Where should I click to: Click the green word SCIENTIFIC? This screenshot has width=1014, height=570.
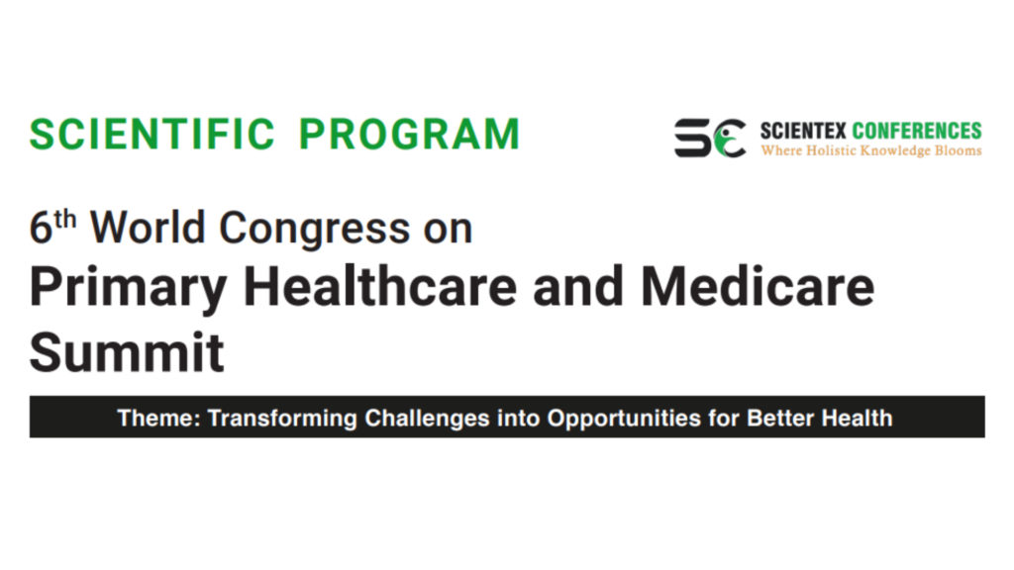(152, 135)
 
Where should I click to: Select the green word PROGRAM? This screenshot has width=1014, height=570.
(409, 135)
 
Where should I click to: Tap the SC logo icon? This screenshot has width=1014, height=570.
(710, 138)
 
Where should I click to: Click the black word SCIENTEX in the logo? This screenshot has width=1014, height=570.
(802, 131)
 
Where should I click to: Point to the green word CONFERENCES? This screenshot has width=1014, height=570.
(917, 131)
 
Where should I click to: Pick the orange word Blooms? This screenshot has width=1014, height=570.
(959, 150)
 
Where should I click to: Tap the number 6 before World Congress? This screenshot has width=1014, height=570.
(41, 229)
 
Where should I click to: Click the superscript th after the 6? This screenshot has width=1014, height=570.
(65, 220)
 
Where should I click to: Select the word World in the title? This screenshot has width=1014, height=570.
(148, 229)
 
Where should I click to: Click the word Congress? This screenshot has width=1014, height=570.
(314, 230)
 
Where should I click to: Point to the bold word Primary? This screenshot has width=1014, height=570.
(128, 288)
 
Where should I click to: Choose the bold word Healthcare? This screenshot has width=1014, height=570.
(380, 286)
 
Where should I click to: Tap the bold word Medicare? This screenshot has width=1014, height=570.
(758, 286)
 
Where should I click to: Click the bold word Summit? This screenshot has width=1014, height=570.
(127, 352)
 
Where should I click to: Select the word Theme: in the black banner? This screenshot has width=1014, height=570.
(159, 419)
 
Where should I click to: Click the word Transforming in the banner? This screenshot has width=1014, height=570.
(282, 419)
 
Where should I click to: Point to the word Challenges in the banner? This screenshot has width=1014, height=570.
(427, 419)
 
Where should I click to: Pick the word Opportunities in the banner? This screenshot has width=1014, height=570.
(624, 419)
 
